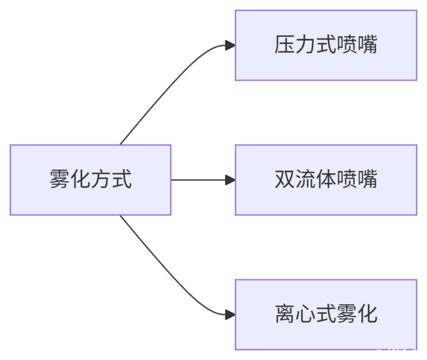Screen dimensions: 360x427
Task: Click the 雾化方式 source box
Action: [x=90, y=180]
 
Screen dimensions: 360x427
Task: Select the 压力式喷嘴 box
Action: [x=326, y=45]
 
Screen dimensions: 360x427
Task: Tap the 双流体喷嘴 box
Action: [x=326, y=180]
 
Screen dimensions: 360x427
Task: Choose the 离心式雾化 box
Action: [x=326, y=314]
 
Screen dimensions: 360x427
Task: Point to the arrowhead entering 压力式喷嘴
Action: [x=230, y=46]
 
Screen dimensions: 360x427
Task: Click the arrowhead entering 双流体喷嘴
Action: [x=230, y=180]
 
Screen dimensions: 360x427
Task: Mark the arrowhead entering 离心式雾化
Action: [x=230, y=314]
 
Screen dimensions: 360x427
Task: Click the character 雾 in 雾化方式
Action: [x=59, y=180]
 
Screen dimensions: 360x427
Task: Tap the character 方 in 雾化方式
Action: [x=101, y=180]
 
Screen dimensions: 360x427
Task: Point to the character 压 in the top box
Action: [x=284, y=45]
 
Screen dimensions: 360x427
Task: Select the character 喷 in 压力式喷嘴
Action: [x=347, y=45]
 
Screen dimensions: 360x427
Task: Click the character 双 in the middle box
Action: [x=284, y=180]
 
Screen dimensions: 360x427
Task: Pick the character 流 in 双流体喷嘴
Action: [x=305, y=180]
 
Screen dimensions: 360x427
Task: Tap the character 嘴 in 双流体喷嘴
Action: [x=368, y=180]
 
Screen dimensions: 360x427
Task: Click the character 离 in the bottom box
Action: [x=284, y=314]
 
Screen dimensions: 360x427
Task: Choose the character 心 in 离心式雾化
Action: [x=305, y=314]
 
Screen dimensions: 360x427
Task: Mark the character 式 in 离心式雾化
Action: [x=326, y=314]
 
